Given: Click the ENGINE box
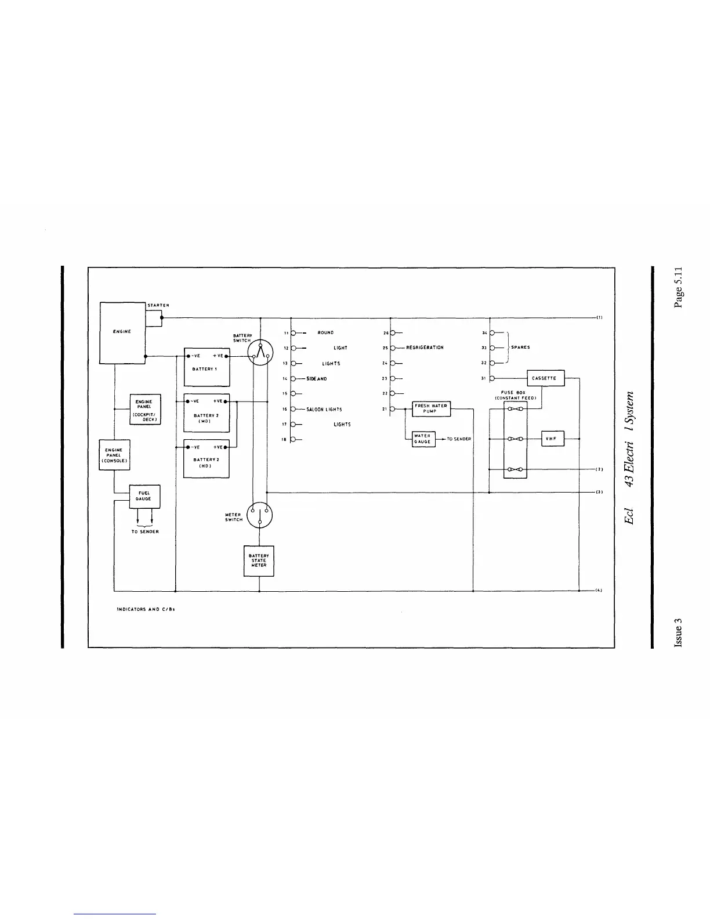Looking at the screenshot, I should (x=122, y=332).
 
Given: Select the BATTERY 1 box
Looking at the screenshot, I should (x=207, y=367).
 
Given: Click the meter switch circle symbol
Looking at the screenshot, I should (x=259, y=515).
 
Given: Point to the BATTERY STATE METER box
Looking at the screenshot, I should (x=259, y=560).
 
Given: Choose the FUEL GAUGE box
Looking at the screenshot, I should (x=144, y=496).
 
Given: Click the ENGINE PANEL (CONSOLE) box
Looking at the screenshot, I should (x=114, y=455).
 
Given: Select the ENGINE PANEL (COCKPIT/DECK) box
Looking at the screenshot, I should (x=144, y=410).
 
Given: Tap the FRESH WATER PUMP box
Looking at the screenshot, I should (x=431, y=408).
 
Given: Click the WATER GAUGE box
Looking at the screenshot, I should (x=423, y=439).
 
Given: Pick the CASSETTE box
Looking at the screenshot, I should (x=545, y=378).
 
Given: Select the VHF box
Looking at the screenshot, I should (x=552, y=439).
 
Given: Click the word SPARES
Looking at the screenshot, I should (x=520, y=348).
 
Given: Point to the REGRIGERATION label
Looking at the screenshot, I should (x=425, y=348).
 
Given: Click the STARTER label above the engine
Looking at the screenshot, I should (x=157, y=305).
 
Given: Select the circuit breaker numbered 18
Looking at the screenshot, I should (x=292, y=440).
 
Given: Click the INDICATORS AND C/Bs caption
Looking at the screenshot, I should (x=142, y=610).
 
